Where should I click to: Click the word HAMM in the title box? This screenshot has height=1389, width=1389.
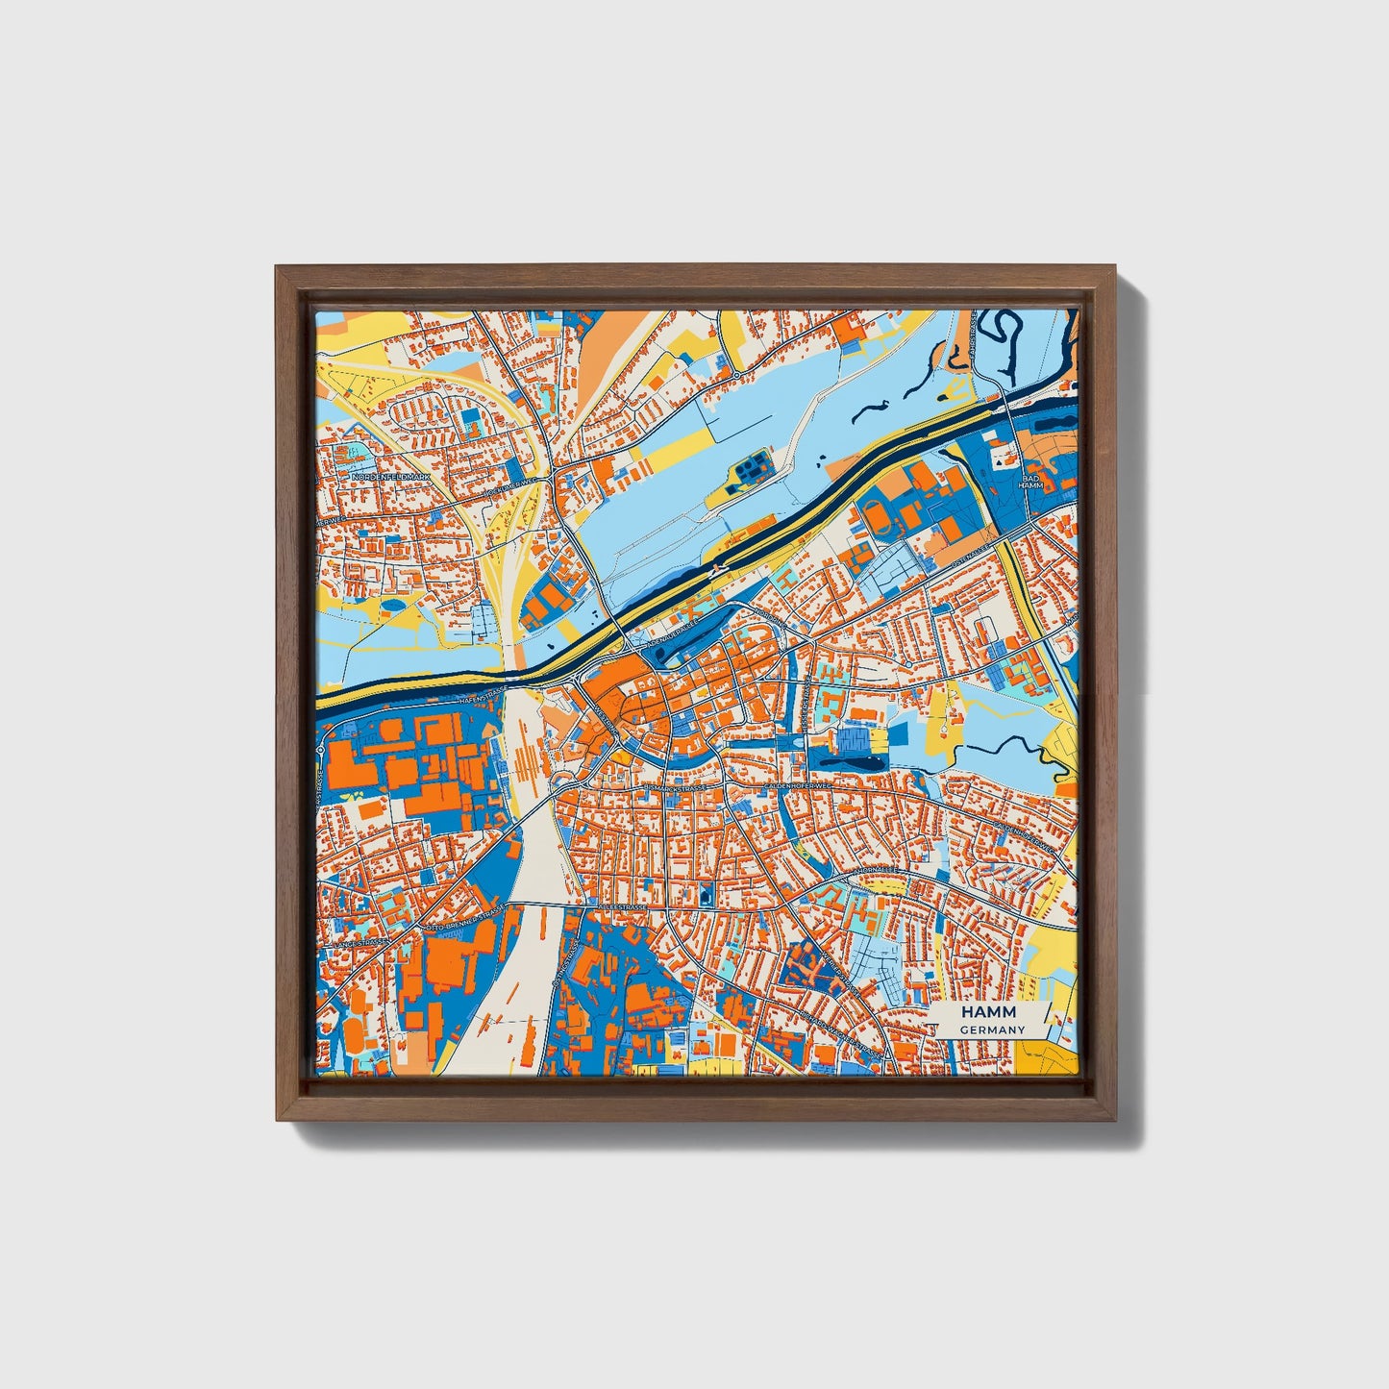pyautogui.click(x=992, y=1013)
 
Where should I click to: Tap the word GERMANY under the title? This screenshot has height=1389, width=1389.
pyautogui.click(x=992, y=1029)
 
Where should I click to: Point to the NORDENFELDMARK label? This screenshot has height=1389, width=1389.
pyautogui.click(x=392, y=477)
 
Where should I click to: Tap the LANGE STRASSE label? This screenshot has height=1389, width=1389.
pyautogui.click(x=359, y=946)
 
